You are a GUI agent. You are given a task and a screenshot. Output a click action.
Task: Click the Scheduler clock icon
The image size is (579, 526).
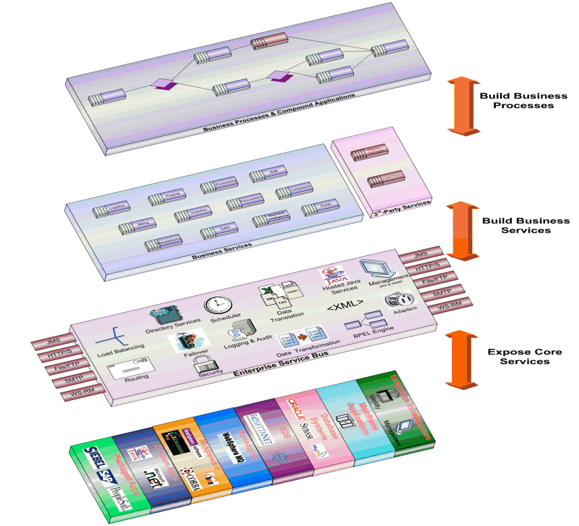click(x=218, y=305)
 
